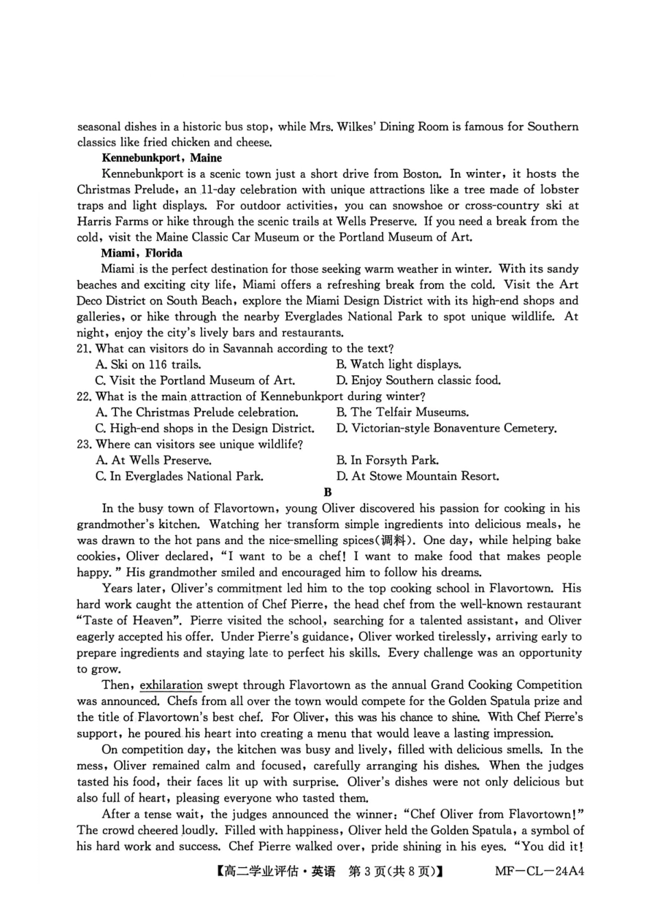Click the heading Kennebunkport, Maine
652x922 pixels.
coord(161,158)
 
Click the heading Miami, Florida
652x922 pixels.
coord(141,253)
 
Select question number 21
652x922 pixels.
coord(84,348)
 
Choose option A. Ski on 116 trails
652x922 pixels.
coord(148,364)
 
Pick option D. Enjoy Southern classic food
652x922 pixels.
coord(418,380)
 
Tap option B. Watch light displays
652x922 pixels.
coord(399,364)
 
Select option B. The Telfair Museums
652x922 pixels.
coord(402,412)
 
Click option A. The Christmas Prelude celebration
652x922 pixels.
coord(197,412)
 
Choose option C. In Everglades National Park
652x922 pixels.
coord(179,476)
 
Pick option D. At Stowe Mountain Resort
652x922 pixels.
coord(417,476)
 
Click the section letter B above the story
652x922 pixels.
coord(327,492)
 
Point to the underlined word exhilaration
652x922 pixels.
coord(171,685)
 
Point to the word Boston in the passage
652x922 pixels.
coord(421,174)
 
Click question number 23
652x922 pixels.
coord(84,445)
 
